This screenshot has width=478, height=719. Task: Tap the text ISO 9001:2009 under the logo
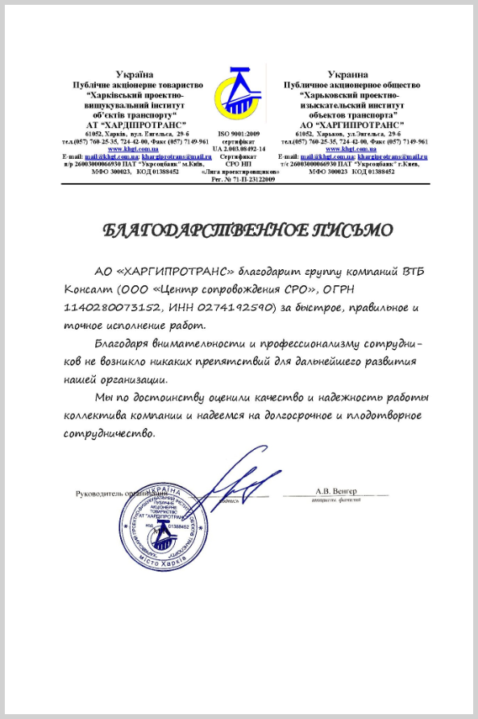239,134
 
